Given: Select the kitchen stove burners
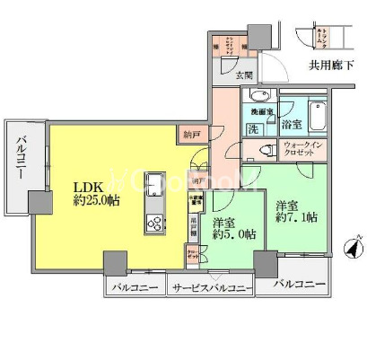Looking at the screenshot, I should (153, 224).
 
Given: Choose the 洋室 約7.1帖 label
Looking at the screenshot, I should (293, 210).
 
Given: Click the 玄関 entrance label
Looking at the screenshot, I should (244, 75).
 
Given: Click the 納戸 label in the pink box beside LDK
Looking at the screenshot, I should (190, 135).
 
